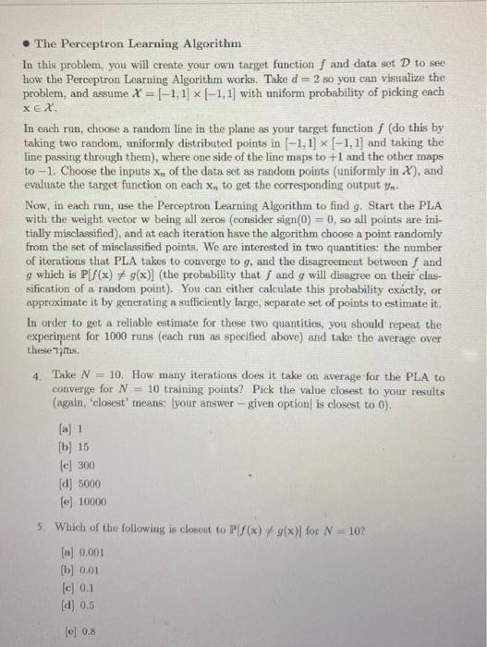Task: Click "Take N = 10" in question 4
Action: pos(79,376)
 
